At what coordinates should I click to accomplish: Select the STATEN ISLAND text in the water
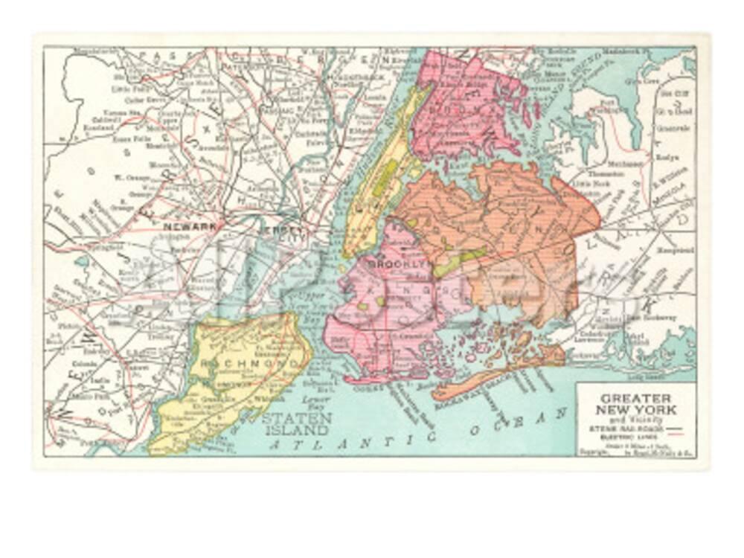[x=296, y=424]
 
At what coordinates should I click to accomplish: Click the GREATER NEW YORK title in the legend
[x=637, y=403]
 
